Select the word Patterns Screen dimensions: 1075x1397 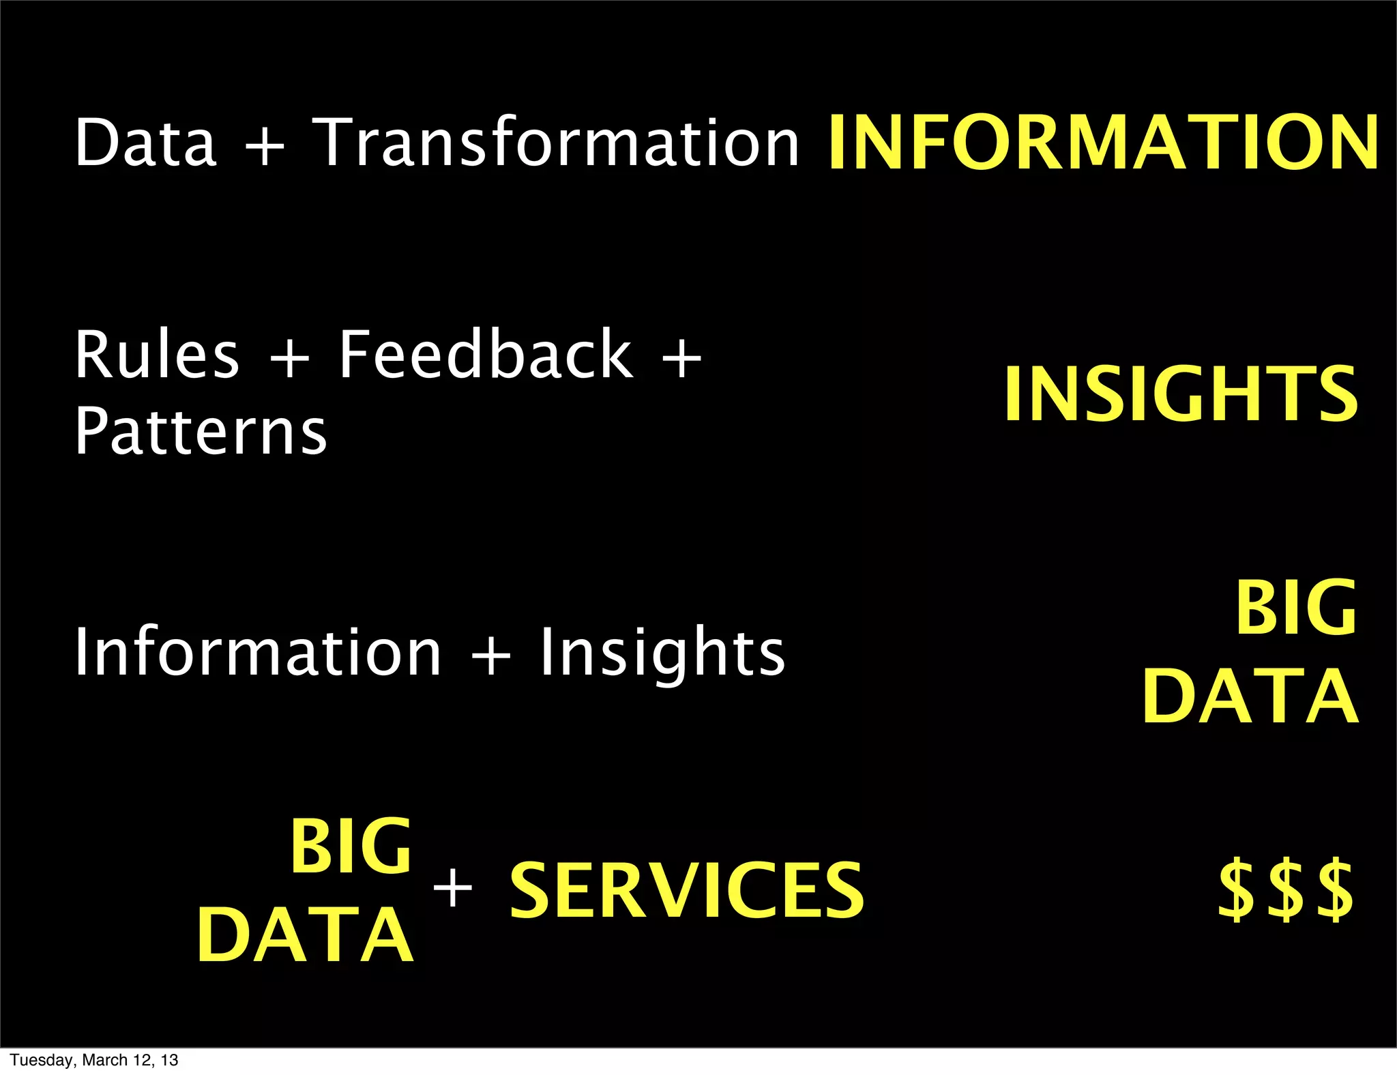click(201, 431)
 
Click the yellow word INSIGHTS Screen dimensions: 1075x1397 click(1181, 394)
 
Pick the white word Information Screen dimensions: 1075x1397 click(258, 653)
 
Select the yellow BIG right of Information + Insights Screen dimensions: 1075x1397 click(1296, 608)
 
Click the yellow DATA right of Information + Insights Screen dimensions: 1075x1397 click(1250, 696)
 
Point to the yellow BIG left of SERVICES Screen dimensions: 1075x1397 click(351, 846)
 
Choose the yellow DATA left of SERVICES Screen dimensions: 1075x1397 click(305, 935)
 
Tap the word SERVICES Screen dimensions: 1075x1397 click(687, 890)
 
